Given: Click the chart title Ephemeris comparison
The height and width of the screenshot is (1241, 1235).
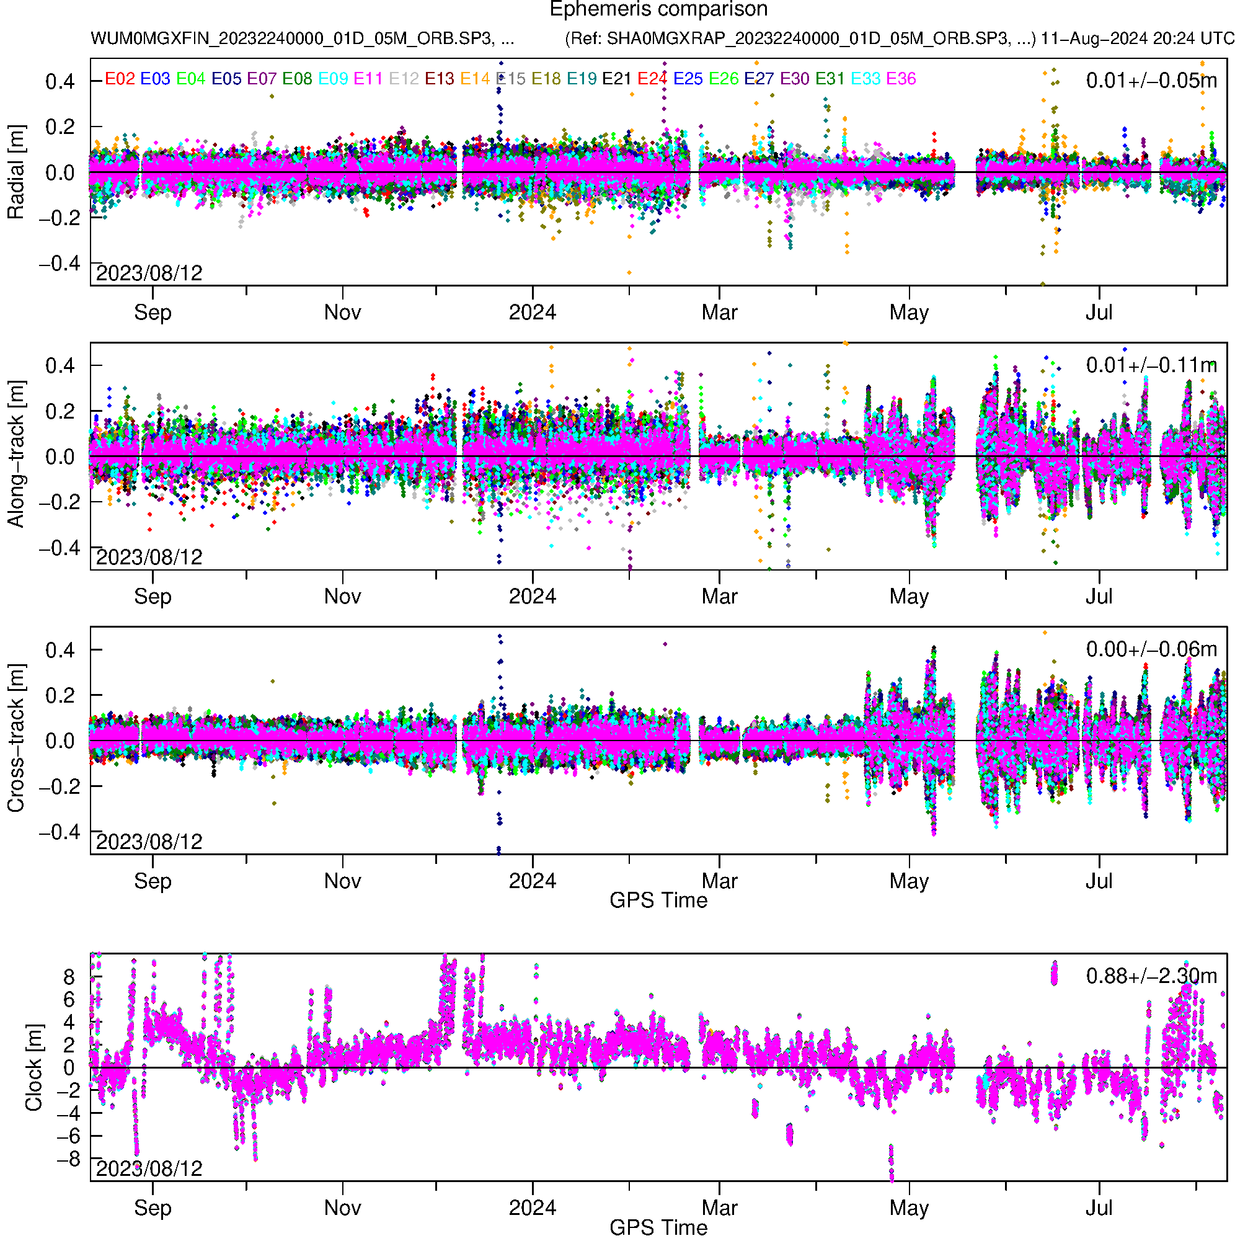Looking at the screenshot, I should (658, 10).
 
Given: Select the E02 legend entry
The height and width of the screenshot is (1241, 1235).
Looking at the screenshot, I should (120, 79).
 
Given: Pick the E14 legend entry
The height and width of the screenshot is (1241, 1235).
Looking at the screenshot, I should (476, 79).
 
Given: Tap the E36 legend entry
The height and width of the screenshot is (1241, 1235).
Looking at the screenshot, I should (900, 79).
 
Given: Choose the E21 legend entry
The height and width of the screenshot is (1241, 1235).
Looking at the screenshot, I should (616, 79).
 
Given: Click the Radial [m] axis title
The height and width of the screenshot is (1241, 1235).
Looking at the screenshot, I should (16, 172).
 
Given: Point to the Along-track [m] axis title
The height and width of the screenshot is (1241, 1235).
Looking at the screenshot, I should (16, 454).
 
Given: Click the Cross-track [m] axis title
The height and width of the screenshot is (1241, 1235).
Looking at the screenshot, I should (16, 739).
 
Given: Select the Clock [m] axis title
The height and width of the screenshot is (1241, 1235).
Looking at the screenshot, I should (33, 1067).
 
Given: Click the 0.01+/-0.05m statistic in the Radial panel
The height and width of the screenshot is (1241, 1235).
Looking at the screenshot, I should (1151, 81).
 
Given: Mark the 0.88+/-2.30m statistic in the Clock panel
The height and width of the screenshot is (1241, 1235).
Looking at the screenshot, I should (1151, 976).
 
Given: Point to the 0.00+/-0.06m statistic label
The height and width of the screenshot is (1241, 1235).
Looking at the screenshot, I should (1151, 649).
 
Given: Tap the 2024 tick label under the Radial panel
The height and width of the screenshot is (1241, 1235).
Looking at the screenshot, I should (533, 313).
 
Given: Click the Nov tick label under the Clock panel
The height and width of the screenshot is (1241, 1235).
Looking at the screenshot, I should (342, 1208).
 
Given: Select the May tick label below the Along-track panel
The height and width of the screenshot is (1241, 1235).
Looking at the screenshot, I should (909, 597).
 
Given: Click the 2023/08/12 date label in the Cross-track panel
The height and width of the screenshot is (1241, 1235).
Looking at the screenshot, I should (149, 842).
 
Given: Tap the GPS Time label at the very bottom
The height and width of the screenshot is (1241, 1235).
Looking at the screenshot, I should (658, 1227).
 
